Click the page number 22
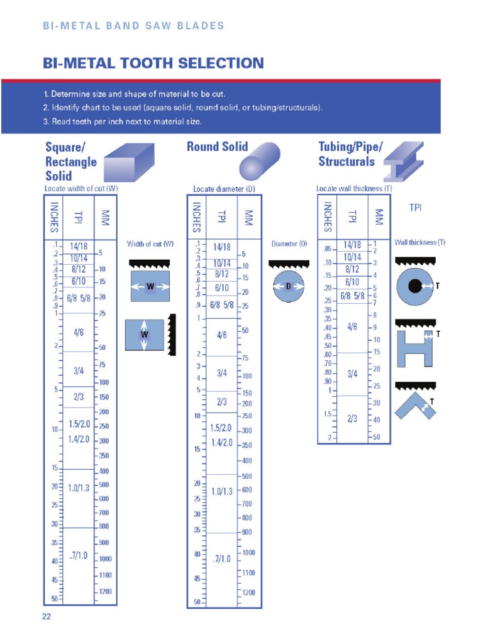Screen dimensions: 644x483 [x=46, y=616]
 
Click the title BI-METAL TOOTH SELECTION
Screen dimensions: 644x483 [x=153, y=63]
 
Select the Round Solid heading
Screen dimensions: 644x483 [x=218, y=147]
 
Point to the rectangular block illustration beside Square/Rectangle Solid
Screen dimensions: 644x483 [x=128, y=162]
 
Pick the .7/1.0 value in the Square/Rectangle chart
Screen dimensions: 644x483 [x=79, y=555]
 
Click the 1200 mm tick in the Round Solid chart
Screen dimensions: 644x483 [x=248, y=592]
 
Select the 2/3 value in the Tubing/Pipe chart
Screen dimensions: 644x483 [x=352, y=418]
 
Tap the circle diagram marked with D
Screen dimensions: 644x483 [x=289, y=286]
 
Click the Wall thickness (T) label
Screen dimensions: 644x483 [x=419, y=242]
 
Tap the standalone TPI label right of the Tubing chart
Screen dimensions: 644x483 [x=416, y=208]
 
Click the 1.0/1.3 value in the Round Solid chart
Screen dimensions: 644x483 [x=222, y=491]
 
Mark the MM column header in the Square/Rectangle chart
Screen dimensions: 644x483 [x=105, y=218]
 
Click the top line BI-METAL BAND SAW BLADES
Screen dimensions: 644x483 [x=133, y=26]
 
